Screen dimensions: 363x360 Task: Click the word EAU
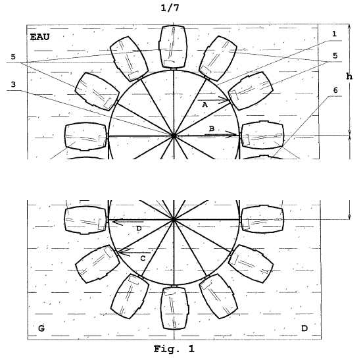[x=39, y=37]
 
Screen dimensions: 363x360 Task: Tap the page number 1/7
[x=170, y=8]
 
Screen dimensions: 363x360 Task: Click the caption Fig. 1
[x=174, y=349]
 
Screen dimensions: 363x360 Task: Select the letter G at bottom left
[x=41, y=328]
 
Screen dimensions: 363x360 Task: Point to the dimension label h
[x=349, y=76]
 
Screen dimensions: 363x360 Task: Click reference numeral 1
[x=334, y=34]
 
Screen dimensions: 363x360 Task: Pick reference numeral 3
[x=13, y=84]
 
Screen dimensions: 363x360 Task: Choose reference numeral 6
[x=335, y=90]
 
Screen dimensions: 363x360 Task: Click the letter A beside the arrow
[x=205, y=105]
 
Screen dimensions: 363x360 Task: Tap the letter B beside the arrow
[x=212, y=129]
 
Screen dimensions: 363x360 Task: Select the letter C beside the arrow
[x=143, y=258]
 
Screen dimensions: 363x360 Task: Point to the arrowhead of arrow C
[x=118, y=252]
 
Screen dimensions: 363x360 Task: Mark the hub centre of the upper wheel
[x=174, y=136]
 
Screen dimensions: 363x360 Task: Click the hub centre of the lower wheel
[x=174, y=219]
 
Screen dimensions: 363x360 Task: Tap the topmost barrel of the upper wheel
[x=174, y=47]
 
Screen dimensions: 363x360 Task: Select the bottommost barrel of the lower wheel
[x=174, y=308]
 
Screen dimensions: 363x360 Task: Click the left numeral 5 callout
[x=13, y=57]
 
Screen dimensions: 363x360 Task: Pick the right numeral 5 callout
[x=335, y=55]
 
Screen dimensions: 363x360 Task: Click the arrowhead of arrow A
[x=229, y=100]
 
